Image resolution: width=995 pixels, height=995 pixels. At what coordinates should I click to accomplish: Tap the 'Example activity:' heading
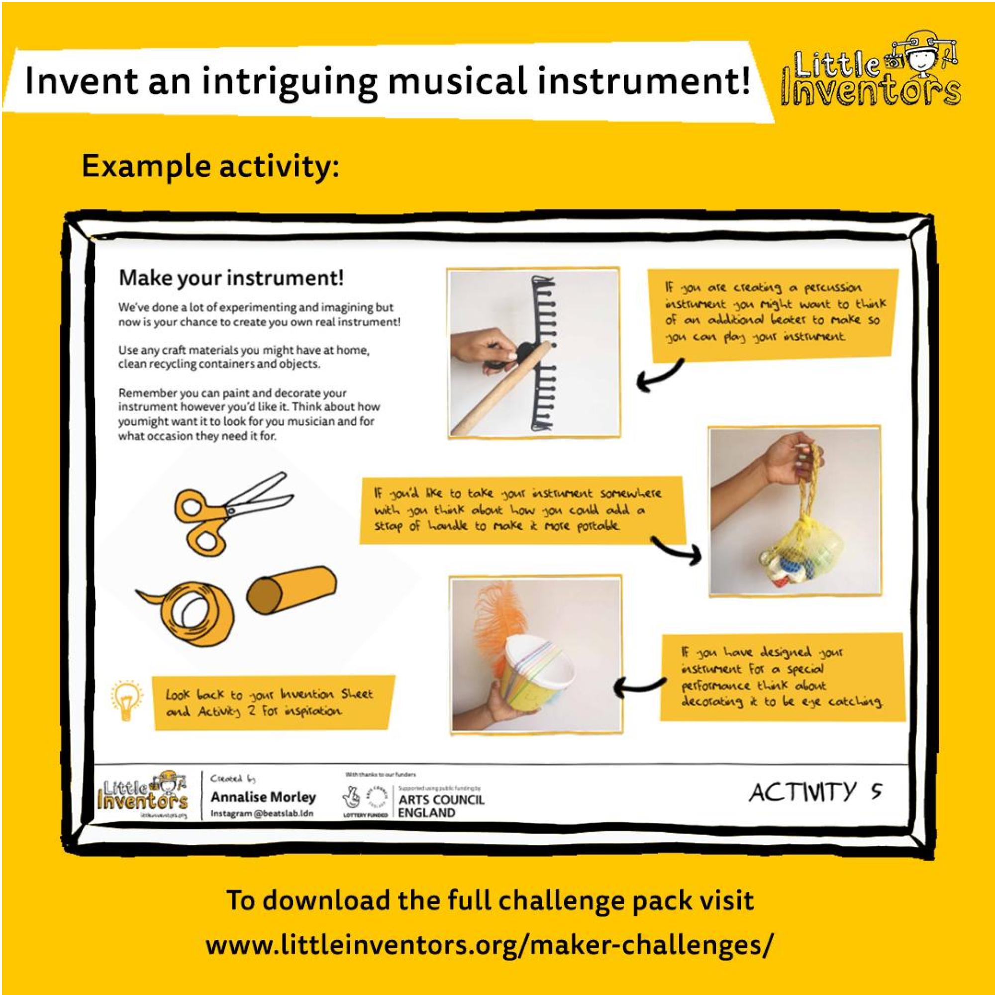pos(210,167)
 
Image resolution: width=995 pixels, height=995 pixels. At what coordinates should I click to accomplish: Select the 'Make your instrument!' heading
pos(231,279)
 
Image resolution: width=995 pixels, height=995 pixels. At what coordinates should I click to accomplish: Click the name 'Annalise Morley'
pos(263,797)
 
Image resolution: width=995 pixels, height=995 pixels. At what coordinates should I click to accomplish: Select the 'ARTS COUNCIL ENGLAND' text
pos(441,806)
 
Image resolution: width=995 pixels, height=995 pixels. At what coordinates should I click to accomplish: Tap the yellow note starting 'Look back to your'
pos(273,703)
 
